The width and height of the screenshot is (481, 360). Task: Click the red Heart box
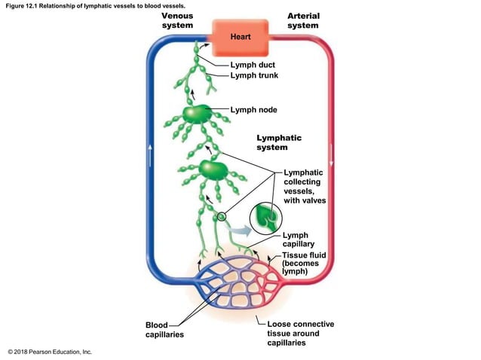tap(240, 36)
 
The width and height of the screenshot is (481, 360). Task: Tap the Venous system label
tap(177, 20)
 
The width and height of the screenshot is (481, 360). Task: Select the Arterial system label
tap(302, 20)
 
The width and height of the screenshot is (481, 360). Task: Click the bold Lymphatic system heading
tap(278, 142)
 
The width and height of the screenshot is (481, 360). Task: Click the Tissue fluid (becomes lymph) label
tap(304, 264)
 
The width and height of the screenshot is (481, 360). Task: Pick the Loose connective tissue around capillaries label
tap(300, 333)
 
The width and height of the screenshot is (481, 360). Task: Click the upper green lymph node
tap(196, 114)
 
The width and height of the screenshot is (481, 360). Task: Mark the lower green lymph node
tap(213, 169)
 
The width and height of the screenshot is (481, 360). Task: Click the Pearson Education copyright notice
tap(49, 352)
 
